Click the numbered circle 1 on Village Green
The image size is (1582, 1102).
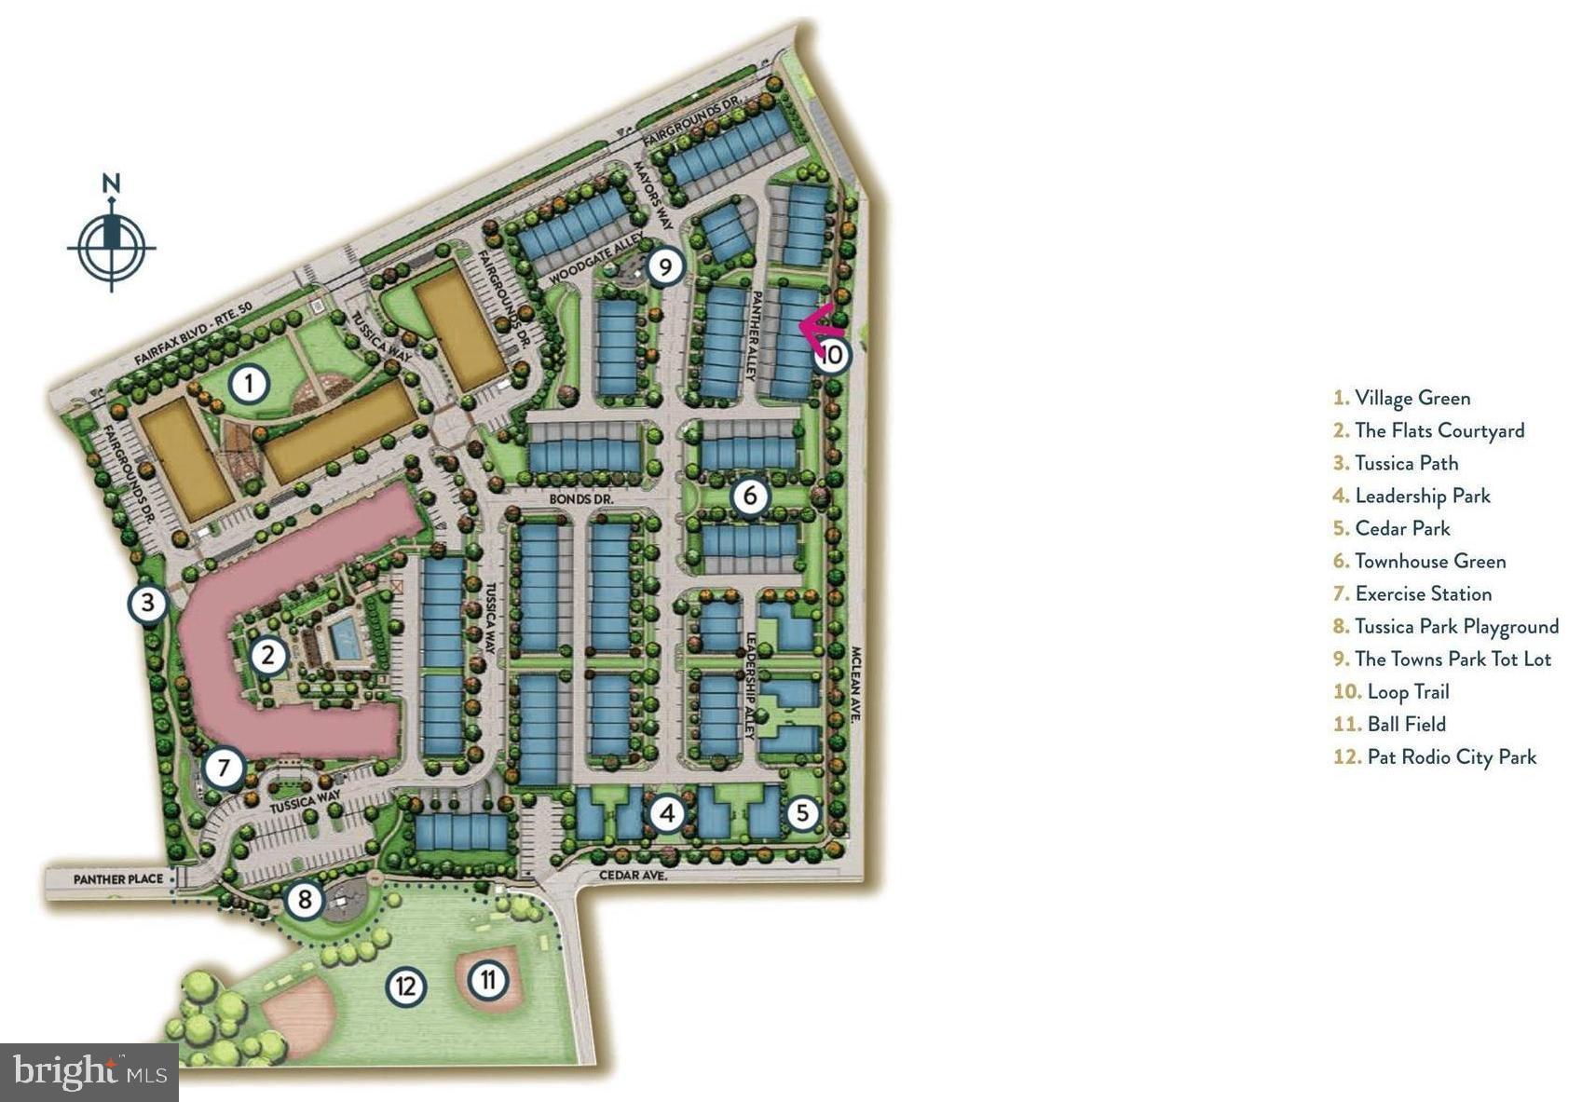(249, 383)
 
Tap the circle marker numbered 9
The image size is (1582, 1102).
(664, 267)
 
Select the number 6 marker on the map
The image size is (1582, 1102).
(750, 497)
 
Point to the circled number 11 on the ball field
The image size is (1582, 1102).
(487, 979)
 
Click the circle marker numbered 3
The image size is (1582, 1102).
(147, 603)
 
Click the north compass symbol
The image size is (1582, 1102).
(111, 242)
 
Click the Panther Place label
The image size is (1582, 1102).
(117, 878)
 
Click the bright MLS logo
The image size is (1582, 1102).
(89, 1071)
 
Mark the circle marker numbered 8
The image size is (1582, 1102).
(305, 900)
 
